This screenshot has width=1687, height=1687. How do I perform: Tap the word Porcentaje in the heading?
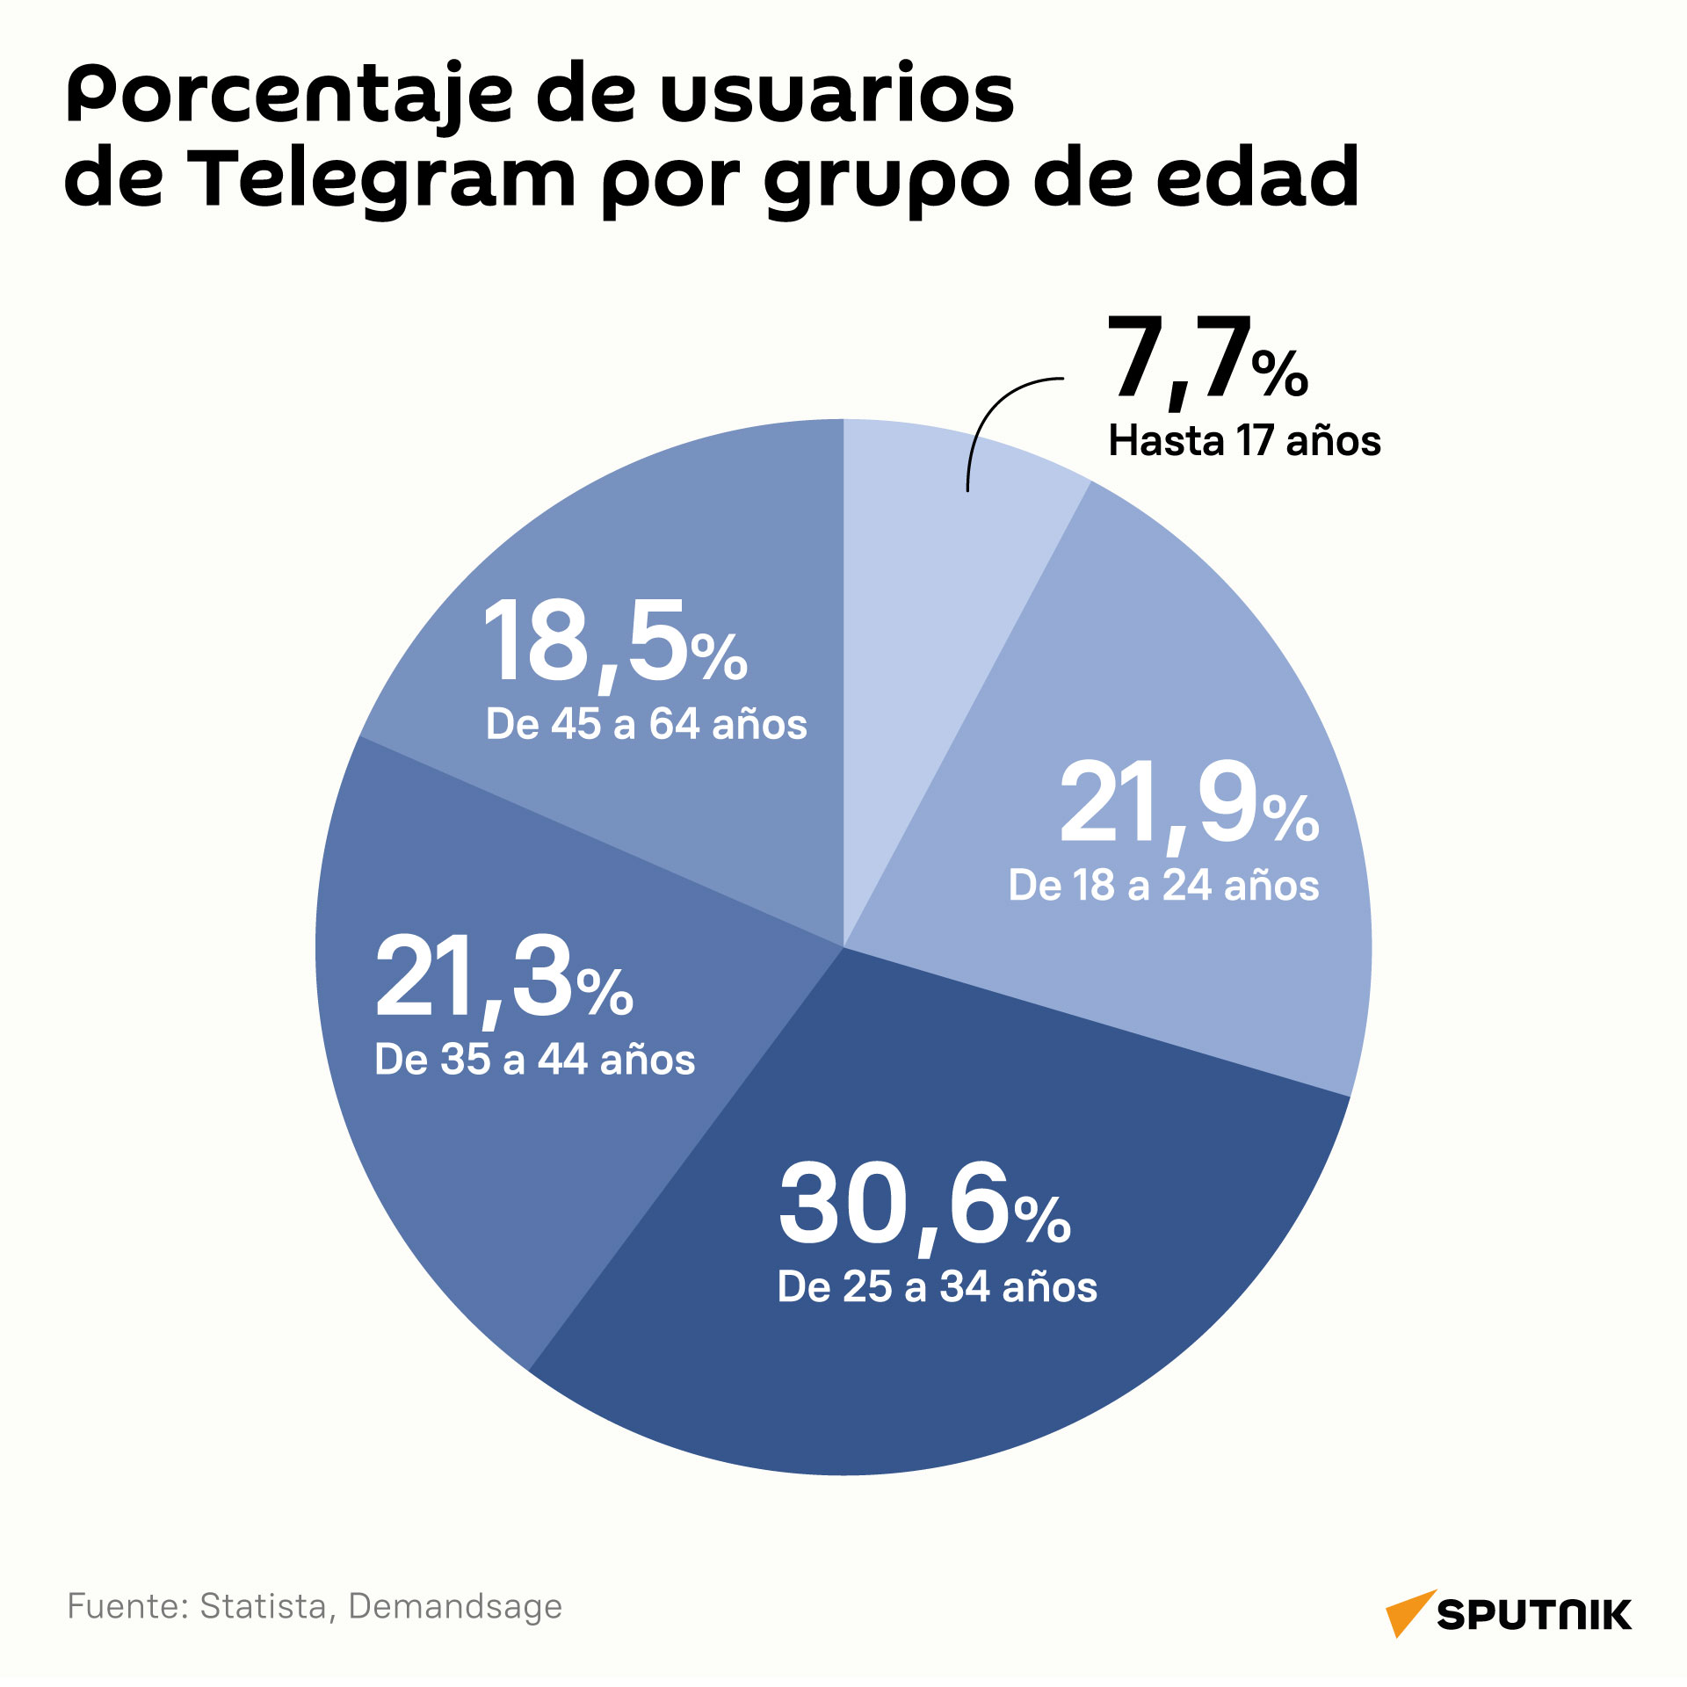pos(289,97)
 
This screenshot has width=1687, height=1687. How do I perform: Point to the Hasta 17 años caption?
pos(1244,440)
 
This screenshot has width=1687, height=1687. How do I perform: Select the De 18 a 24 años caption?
pos(1163,886)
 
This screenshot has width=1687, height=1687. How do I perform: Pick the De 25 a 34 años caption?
pos(938,1286)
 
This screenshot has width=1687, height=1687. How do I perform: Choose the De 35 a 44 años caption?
pos(534,1060)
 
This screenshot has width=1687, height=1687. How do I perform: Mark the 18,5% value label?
pos(615,645)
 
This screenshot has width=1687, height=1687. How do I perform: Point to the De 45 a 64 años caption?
pos(646,724)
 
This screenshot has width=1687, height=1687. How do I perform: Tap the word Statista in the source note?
pos(263,1607)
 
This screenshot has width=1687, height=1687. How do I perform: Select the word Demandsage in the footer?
pos(455,1607)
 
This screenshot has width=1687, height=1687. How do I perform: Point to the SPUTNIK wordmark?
pos(1534,1616)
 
